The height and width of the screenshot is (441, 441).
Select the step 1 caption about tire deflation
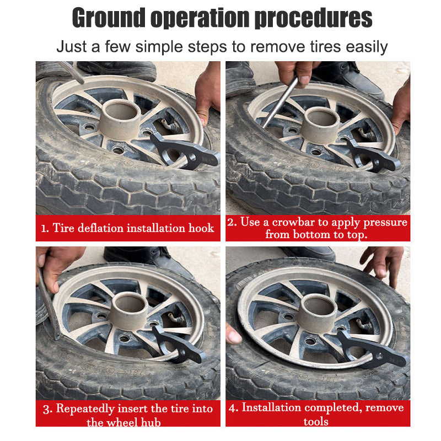click(128, 228)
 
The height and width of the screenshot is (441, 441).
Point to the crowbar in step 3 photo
click(48, 303)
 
